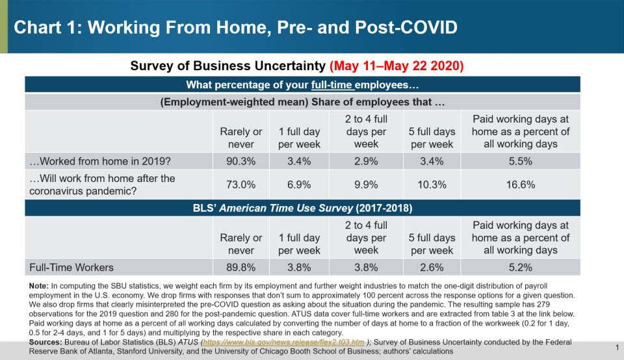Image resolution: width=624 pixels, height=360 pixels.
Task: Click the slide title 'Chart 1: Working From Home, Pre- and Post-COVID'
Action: (x=235, y=27)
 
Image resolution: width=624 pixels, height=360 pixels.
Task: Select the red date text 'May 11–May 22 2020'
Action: (x=396, y=66)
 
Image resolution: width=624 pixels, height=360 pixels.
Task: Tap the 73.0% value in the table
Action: (x=241, y=185)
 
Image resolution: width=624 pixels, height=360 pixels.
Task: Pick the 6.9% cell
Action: (x=299, y=185)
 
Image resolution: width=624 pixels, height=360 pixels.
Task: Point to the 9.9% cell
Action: (x=366, y=185)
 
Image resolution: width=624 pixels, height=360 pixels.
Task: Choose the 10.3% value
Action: (x=432, y=185)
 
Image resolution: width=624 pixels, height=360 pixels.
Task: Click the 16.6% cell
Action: (x=520, y=185)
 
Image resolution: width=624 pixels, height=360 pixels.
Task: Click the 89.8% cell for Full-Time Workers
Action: (x=241, y=267)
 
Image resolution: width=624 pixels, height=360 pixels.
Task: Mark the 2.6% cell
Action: (x=432, y=267)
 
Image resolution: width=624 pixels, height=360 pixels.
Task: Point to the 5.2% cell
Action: (x=520, y=267)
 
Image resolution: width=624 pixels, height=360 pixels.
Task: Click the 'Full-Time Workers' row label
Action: (x=71, y=267)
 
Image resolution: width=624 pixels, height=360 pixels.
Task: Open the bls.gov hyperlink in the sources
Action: (x=285, y=342)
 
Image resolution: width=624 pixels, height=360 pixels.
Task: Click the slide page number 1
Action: (x=616, y=348)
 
